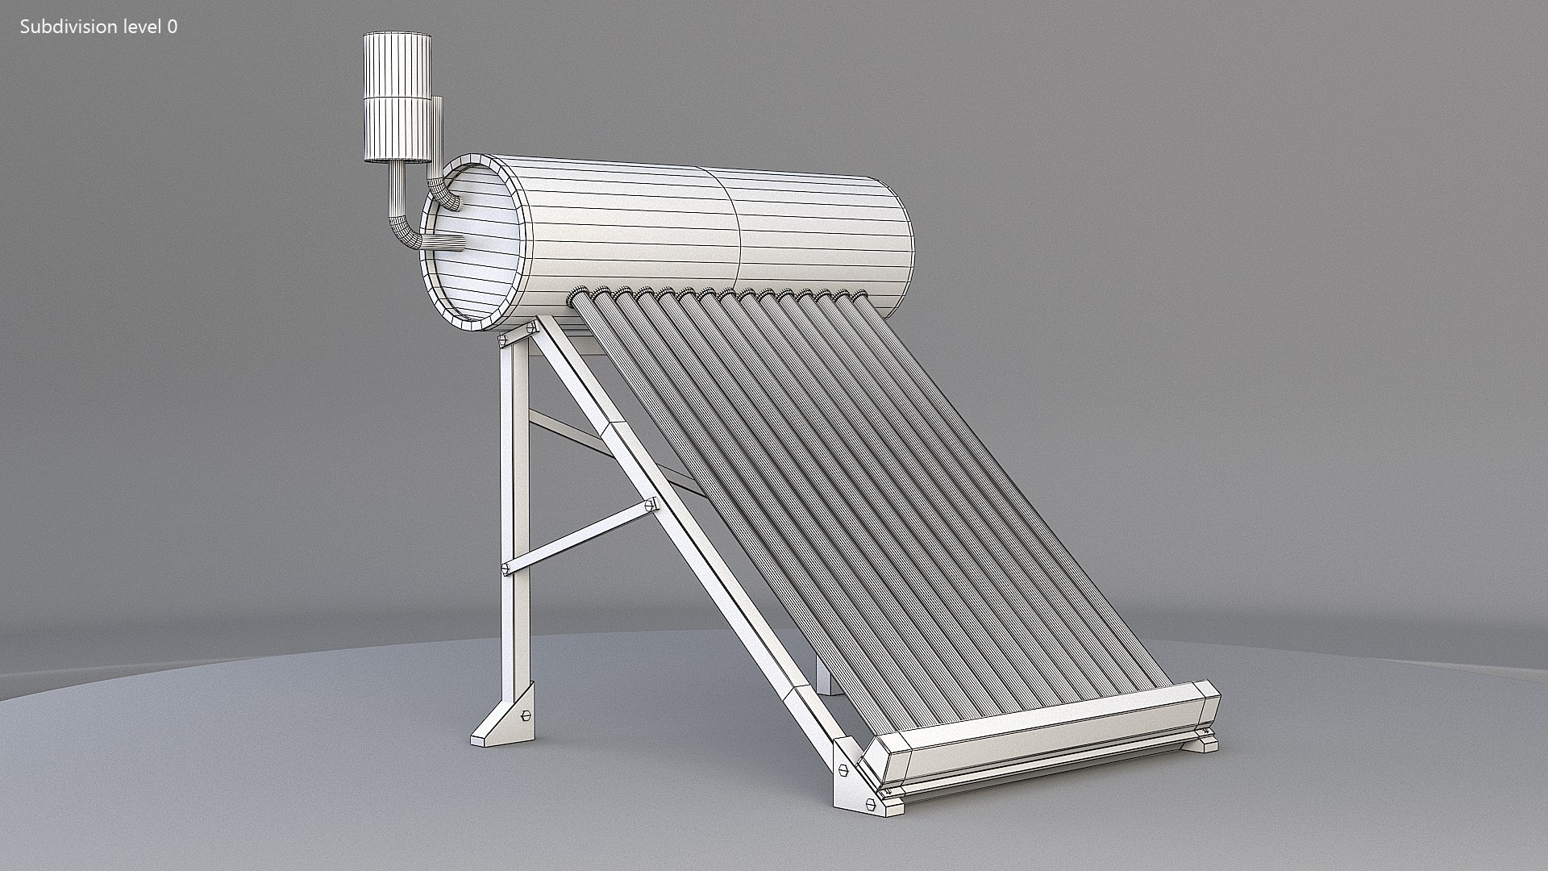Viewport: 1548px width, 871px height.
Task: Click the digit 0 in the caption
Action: (x=173, y=27)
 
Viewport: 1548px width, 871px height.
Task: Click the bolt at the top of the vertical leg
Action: (x=531, y=328)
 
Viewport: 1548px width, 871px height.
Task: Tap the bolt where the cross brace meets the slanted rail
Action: (x=650, y=506)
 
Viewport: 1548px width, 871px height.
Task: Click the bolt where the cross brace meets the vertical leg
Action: (x=507, y=569)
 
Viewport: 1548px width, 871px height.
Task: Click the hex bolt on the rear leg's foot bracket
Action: (x=526, y=715)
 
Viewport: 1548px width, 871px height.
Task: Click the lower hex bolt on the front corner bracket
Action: (x=870, y=805)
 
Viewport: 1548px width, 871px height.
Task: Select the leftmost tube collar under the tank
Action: (x=579, y=296)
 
